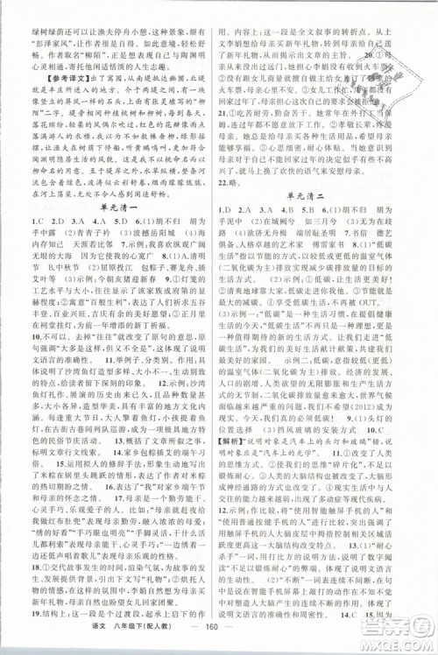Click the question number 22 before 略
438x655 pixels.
pos(232,157)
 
